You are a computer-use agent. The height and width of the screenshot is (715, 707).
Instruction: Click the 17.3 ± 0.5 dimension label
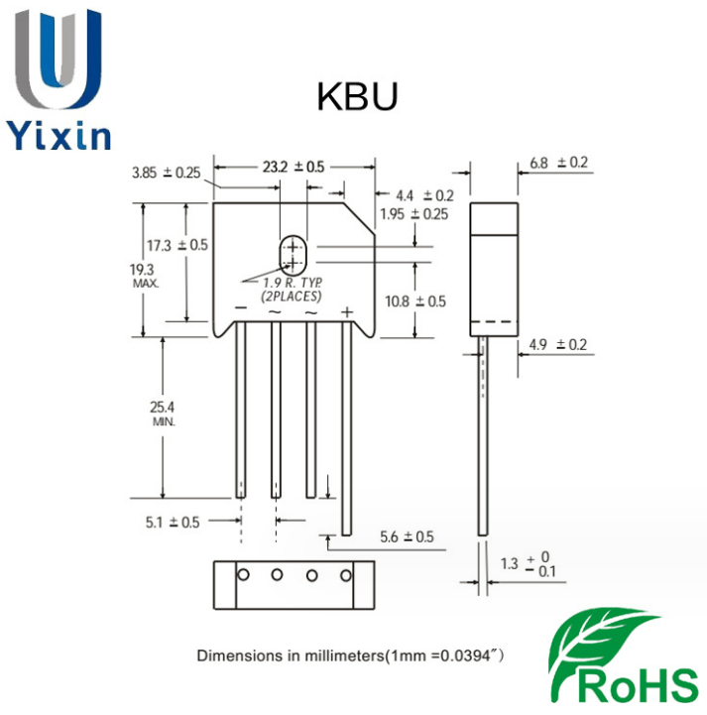tap(177, 245)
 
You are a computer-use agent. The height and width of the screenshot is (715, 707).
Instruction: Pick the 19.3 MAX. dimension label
tap(144, 275)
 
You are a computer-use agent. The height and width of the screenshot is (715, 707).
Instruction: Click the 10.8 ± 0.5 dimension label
tap(416, 300)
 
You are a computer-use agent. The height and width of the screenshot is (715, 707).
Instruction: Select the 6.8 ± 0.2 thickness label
tap(559, 162)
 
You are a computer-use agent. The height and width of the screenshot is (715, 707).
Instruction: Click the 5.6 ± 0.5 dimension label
tap(408, 536)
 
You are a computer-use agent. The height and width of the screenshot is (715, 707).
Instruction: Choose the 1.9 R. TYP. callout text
tap(295, 284)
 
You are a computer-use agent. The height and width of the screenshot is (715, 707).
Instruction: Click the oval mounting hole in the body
tap(293, 254)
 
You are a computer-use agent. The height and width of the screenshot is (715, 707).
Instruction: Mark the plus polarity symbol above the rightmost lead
tap(347, 312)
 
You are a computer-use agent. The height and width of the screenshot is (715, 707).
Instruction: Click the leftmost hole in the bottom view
tap(242, 574)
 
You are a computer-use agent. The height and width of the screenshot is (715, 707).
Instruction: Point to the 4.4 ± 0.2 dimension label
tap(423, 195)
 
